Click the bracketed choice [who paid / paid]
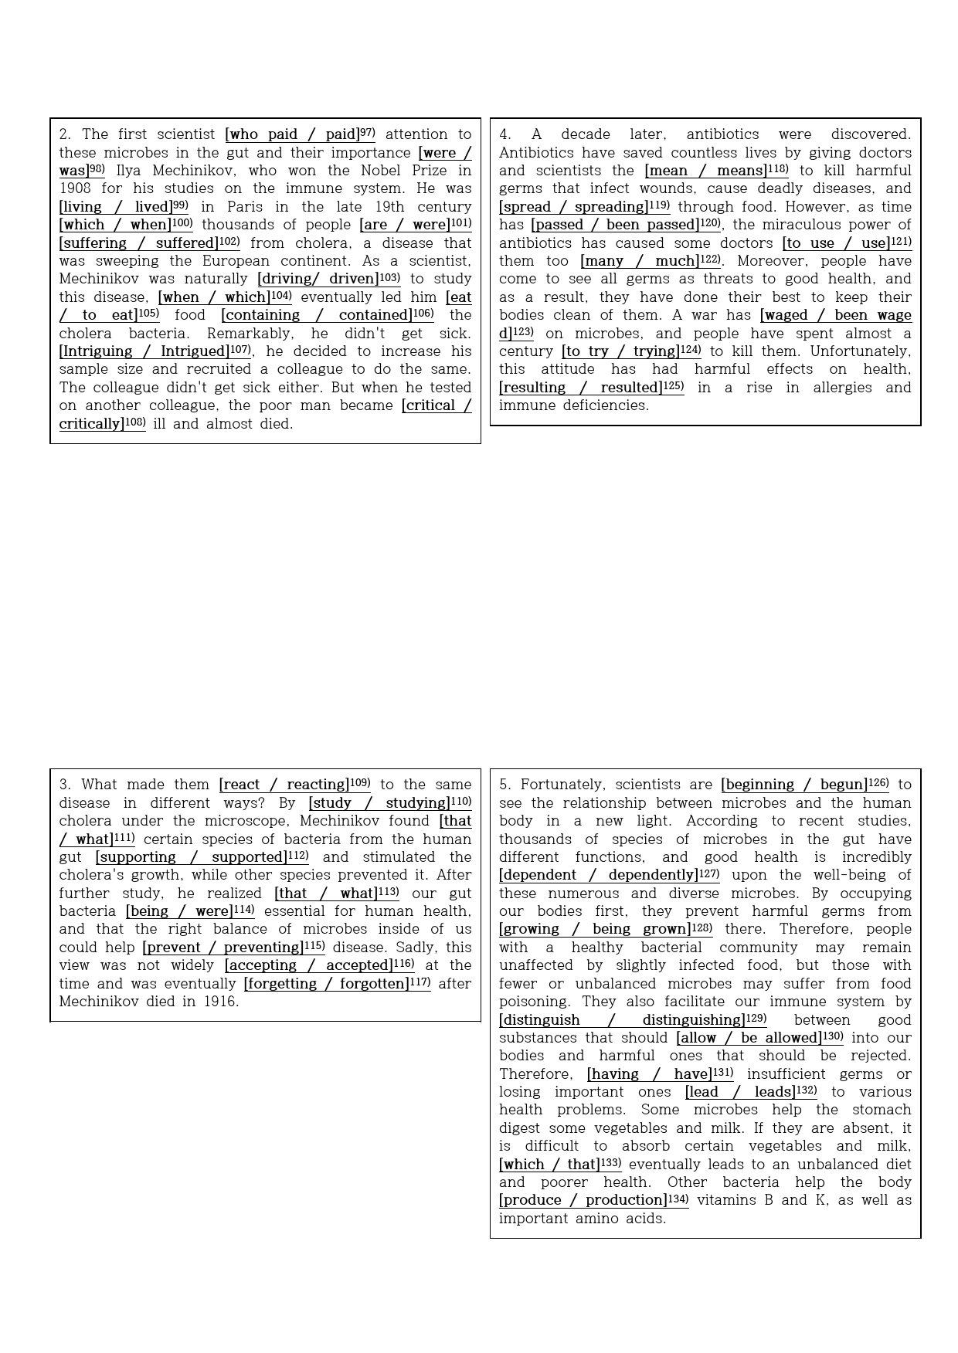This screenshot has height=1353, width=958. coord(293,134)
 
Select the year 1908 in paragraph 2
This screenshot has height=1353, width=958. coord(75,188)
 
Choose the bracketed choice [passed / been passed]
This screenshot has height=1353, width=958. coord(615,225)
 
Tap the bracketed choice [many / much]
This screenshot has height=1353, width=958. coord(640,261)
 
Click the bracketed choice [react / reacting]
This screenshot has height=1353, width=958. coord(284,785)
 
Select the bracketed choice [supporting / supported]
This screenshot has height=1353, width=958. coord(192,857)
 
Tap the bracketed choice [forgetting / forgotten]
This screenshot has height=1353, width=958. coord(326,984)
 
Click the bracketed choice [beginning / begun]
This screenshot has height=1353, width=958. coord(794,785)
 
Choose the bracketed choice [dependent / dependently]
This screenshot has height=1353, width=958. coord(599,875)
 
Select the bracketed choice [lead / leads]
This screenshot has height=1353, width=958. coord(740,1092)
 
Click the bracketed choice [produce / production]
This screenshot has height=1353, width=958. coord(583,1200)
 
